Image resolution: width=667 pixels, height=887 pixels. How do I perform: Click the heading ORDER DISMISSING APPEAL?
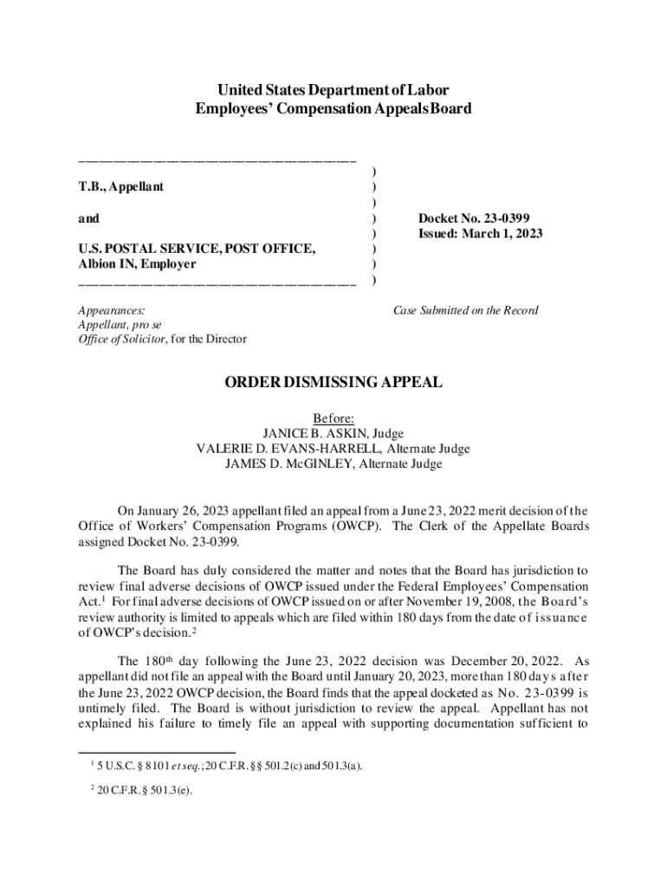(x=333, y=382)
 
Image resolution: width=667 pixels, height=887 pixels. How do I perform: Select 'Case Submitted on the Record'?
(x=465, y=310)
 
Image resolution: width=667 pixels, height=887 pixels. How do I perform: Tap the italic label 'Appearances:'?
(x=112, y=310)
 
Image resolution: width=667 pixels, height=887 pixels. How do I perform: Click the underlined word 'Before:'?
(x=333, y=418)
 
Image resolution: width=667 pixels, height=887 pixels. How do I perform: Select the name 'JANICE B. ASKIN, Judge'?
(x=333, y=433)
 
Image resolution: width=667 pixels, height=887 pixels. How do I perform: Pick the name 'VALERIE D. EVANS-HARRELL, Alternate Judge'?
(x=333, y=449)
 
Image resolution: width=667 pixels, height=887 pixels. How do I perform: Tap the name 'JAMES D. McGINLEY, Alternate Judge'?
(x=333, y=463)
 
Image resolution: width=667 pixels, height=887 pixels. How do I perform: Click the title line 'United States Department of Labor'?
(x=333, y=90)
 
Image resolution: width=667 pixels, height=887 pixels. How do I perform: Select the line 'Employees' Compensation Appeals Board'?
(x=333, y=109)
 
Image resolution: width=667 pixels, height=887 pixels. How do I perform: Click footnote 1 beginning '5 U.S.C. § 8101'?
(x=230, y=765)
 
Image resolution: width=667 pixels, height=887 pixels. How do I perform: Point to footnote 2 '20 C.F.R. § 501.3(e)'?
(x=144, y=789)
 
